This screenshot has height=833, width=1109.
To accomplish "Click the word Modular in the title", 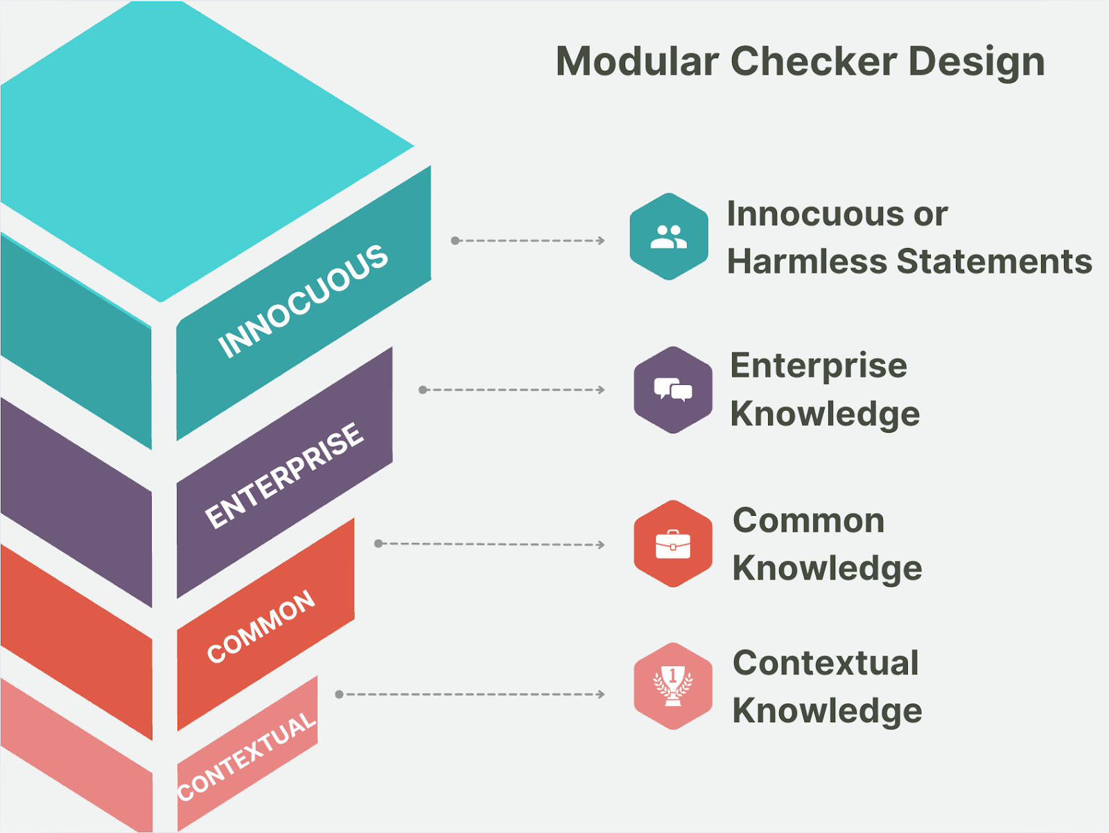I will point(638,62).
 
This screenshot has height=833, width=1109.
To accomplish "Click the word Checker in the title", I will point(814,62).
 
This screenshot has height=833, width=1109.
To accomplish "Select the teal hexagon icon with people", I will point(669,237).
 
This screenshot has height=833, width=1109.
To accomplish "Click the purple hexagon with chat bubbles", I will point(673,390).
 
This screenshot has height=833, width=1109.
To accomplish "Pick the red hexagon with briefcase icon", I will point(673,544).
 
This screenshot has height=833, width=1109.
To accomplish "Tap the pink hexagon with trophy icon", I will point(673,686).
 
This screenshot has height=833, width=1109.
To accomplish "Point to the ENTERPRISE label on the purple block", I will point(284,475).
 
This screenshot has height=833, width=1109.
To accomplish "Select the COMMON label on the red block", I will point(261,627).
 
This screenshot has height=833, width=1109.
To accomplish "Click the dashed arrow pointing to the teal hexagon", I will point(528,241).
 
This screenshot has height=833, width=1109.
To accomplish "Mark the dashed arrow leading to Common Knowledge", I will point(489,544).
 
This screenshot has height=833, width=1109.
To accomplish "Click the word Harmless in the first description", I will point(807,262).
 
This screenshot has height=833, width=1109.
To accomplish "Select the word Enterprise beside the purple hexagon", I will point(819,366).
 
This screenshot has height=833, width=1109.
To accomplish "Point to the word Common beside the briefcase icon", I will point(809,521).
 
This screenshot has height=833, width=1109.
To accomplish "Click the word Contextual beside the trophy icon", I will point(826,663).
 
